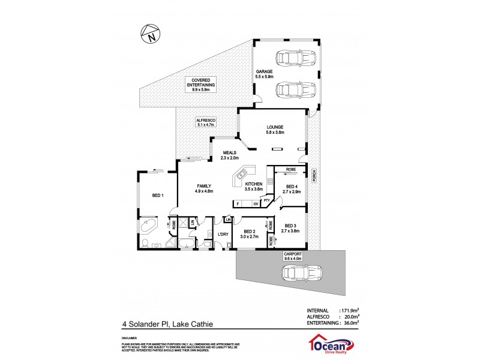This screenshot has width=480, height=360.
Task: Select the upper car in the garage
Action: [x=287, y=59]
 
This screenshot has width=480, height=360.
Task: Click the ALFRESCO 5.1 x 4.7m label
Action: [x=206, y=123]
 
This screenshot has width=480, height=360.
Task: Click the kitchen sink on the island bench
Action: [x=241, y=175]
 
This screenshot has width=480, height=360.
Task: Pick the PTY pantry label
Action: [x=266, y=200]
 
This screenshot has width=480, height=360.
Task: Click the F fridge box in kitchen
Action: [x=238, y=205]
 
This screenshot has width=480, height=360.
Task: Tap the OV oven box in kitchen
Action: [x=256, y=205]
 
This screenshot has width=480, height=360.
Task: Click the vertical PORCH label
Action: [x=313, y=175]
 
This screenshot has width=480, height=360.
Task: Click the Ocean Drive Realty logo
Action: [x=329, y=344]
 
